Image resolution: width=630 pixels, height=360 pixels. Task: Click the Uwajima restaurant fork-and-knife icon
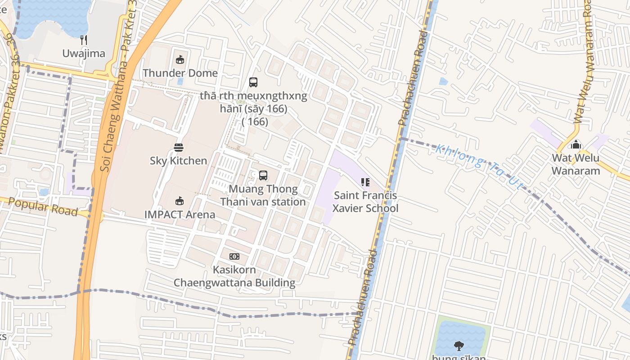pos(84,40)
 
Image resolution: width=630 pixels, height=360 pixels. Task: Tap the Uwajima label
pos(84,54)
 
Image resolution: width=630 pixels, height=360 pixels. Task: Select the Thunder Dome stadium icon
pos(180,59)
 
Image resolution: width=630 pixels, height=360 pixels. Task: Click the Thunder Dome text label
pos(180,73)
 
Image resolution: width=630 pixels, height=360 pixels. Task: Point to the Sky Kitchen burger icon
pos(179,147)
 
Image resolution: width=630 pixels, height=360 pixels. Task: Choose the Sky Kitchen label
pos(179,161)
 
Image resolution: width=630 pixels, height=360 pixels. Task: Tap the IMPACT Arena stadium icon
pos(180,201)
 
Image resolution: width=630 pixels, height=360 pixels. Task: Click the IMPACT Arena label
pos(180,214)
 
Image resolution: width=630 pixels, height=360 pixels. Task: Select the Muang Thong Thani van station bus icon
pos(263,175)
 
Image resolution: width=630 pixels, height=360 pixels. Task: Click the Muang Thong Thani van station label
pos(263,195)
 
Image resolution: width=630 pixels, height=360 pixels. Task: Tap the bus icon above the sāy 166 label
pos(253,82)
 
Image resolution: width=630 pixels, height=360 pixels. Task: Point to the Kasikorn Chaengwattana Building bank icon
pos(234,256)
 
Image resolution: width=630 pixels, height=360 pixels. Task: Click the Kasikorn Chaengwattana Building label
pos(234,276)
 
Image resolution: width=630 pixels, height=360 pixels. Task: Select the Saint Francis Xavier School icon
pos(365,182)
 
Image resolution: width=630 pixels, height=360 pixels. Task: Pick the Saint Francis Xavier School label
pos(365,202)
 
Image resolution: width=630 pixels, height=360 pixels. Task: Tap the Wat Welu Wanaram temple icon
pos(576,145)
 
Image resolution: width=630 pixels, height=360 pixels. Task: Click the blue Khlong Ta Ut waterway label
pos(479,166)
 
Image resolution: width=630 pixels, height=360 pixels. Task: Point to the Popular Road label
pos(43,207)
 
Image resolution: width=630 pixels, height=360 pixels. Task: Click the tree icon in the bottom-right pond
pos(459,346)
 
